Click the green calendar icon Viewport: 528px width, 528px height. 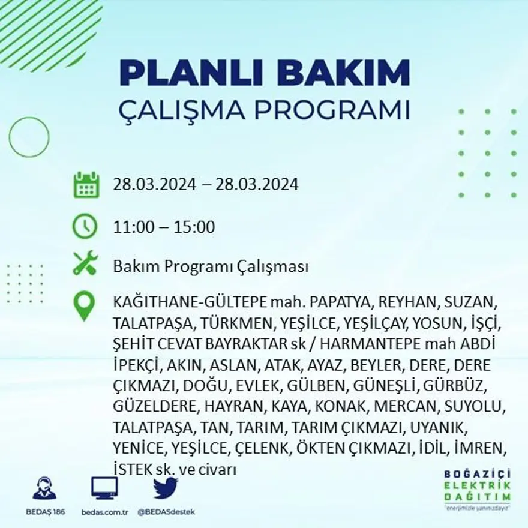click(x=86, y=185)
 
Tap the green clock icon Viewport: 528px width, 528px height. click(x=85, y=227)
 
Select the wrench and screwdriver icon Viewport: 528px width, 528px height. click(x=85, y=263)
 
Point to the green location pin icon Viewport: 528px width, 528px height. click(x=85, y=305)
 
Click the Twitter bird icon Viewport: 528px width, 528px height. click(x=165, y=488)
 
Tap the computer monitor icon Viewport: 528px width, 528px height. click(x=104, y=488)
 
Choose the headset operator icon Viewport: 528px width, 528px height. click(x=44, y=488)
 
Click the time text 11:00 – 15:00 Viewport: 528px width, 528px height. click(x=164, y=227)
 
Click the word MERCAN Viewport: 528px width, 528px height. click(x=407, y=406)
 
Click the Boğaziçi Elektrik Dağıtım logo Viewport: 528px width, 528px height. click(x=478, y=487)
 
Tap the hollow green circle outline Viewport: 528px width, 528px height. click(x=29, y=137)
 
